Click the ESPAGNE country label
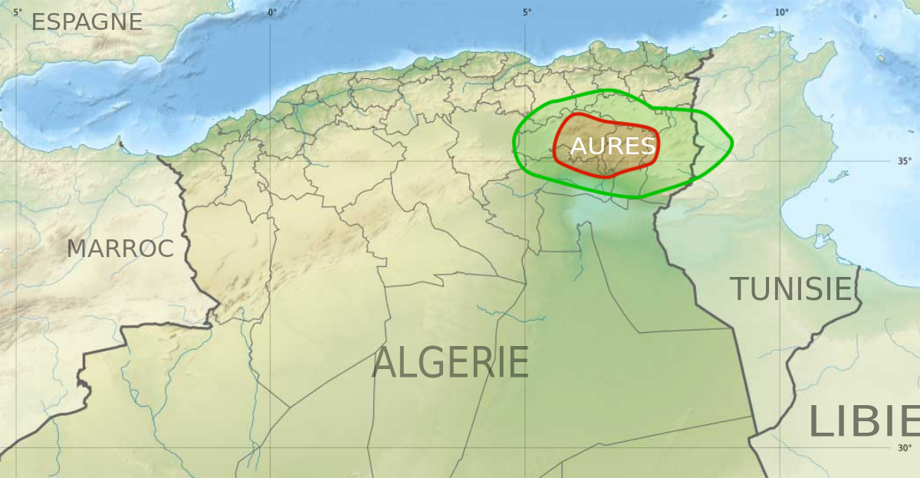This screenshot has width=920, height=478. (x=87, y=22)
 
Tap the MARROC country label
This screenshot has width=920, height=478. (x=120, y=249)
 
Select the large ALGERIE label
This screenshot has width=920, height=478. (x=450, y=363)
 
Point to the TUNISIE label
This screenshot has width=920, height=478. (x=790, y=289)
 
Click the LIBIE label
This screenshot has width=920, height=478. (x=863, y=423)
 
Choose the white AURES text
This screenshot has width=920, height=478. (x=613, y=147)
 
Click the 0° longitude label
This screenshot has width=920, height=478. (x=271, y=12)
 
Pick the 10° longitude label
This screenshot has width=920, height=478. (x=780, y=12)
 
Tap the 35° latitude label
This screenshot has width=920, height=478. (x=905, y=161)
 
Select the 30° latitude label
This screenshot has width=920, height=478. (x=905, y=448)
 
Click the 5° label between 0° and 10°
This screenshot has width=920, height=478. (x=527, y=12)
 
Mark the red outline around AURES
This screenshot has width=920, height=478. (x=657, y=146)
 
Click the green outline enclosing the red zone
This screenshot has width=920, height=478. (x=732, y=143)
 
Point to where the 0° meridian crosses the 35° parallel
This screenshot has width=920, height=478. (x=270, y=162)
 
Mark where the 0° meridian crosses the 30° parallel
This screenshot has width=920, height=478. (x=270, y=448)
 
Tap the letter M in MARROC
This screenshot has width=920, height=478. (x=76, y=249)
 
